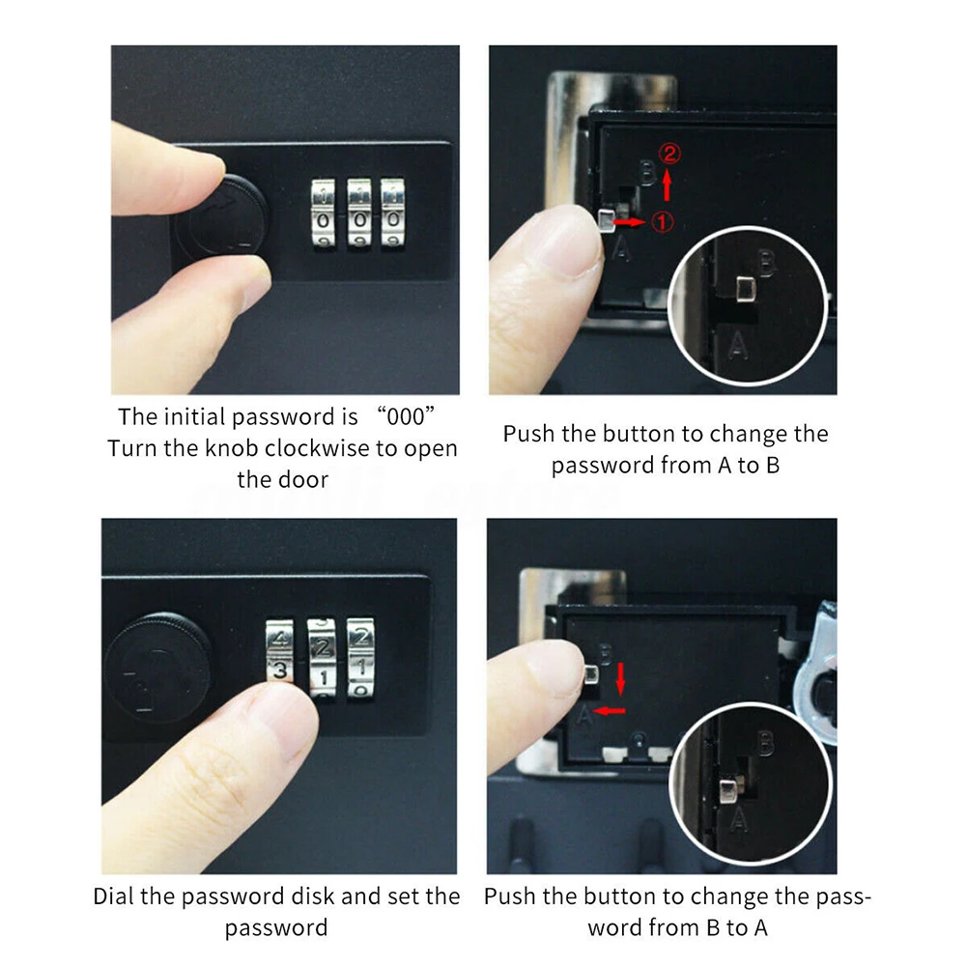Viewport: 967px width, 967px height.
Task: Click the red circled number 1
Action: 663,222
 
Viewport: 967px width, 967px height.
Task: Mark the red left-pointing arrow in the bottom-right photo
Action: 610,711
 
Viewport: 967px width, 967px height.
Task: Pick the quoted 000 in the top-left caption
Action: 405,417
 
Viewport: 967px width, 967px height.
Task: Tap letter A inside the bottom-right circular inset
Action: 738,820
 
